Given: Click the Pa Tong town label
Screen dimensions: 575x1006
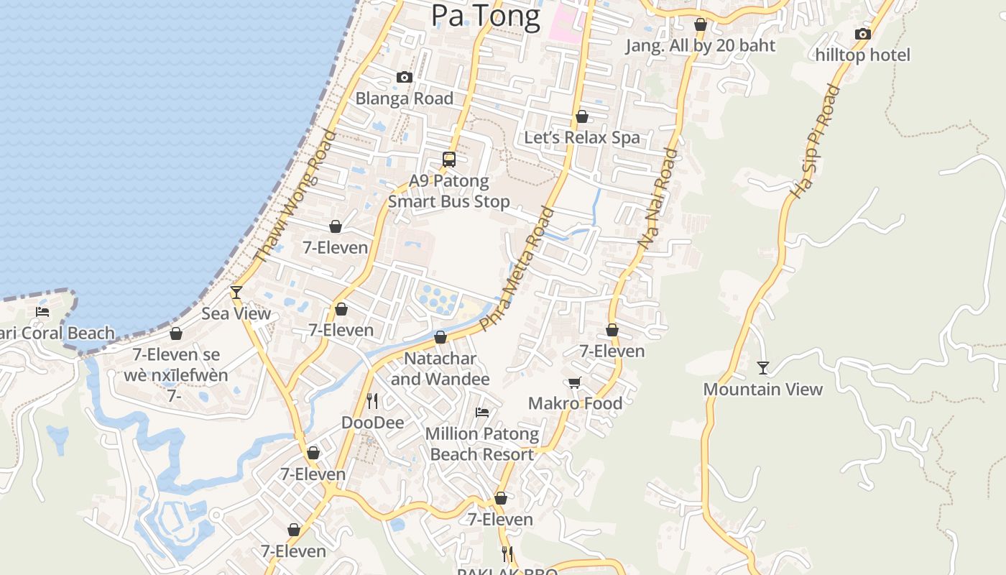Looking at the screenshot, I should [485, 16].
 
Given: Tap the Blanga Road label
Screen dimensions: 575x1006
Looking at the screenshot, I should [405, 98].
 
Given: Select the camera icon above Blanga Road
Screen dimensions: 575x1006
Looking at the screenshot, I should [405, 77].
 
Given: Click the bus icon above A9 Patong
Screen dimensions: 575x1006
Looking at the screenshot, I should [449, 160].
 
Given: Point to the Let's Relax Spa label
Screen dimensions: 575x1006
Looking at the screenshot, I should [582, 137].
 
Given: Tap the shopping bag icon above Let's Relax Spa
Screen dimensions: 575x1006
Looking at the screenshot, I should [582, 116].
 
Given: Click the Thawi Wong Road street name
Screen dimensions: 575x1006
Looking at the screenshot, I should [295, 195].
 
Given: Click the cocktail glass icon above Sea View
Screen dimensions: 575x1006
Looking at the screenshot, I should [236, 292].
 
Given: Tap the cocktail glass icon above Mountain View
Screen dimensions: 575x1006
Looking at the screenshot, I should [763, 368].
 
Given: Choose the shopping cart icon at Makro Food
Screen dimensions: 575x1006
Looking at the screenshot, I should [575, 382].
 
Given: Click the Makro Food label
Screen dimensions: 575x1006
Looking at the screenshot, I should [575, 403].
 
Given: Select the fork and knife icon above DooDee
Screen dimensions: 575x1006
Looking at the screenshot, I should [372, 400].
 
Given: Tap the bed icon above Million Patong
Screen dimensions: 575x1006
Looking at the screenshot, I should [482, 413].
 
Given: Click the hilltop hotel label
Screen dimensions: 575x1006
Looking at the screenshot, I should [862, 55].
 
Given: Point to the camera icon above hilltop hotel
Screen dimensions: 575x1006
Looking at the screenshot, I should [862, 34].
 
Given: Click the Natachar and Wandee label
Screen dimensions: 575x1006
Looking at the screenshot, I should [440, 368].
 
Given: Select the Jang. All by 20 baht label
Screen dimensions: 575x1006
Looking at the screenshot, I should [701, 45].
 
